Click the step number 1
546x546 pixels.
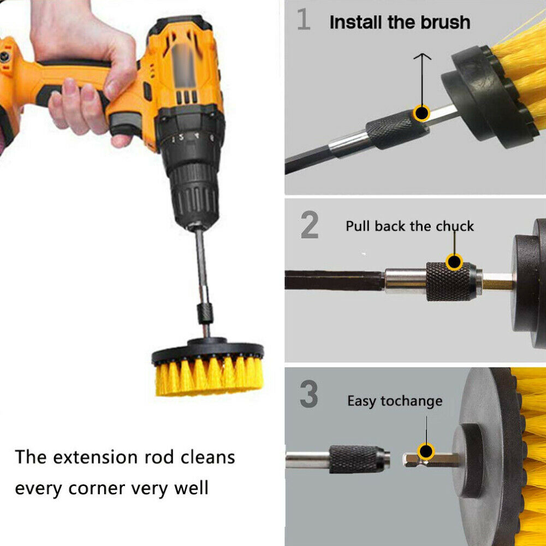[303, 19]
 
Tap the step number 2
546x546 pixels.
[309, 225]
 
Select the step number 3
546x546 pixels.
[309, 394]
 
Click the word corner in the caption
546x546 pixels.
[97, 489]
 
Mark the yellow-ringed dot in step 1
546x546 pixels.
[422, 113]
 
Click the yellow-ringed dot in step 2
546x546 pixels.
[454, 262]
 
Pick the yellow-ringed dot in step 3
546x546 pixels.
[426, 452]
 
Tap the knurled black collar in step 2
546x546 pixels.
[449, 281]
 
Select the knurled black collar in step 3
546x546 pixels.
[357, 459]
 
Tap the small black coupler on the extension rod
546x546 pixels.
[205, 313]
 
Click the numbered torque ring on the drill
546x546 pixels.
[191, 139]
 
